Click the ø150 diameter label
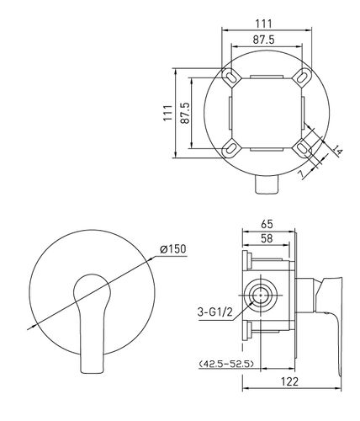tap(172, 249)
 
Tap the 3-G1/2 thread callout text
tap(215, 312)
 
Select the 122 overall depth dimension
tap(289, 381)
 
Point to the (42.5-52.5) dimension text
tap(226, 364)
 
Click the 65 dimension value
tap(267, 224)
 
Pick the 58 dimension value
tap(267, 238)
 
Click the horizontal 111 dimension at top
tap(263, 24)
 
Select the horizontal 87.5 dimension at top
tap(264, 40)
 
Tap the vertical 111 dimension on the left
tap(167, 113)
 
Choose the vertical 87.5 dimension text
tap(185, 113)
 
